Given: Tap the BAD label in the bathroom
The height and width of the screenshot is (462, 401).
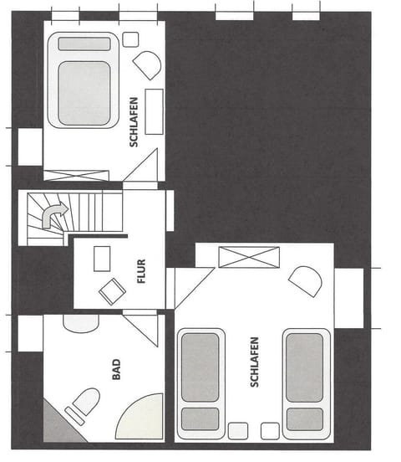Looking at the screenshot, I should pyautogui.click(x=116, y=369).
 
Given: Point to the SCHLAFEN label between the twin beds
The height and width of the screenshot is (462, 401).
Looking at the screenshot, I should pyautogui.click(x=254, y=362).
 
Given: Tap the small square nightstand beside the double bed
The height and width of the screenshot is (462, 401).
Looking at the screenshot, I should pyautogui.click(x=130, y=39).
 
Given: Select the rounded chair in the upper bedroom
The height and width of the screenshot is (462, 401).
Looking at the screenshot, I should pyautogui.click(x=149, y=66).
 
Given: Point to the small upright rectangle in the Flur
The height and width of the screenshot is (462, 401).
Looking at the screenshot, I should pyautogui.click(x=100, y=259).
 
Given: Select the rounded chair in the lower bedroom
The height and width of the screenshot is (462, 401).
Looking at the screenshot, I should pyautogui.click(x=305, y=280).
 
